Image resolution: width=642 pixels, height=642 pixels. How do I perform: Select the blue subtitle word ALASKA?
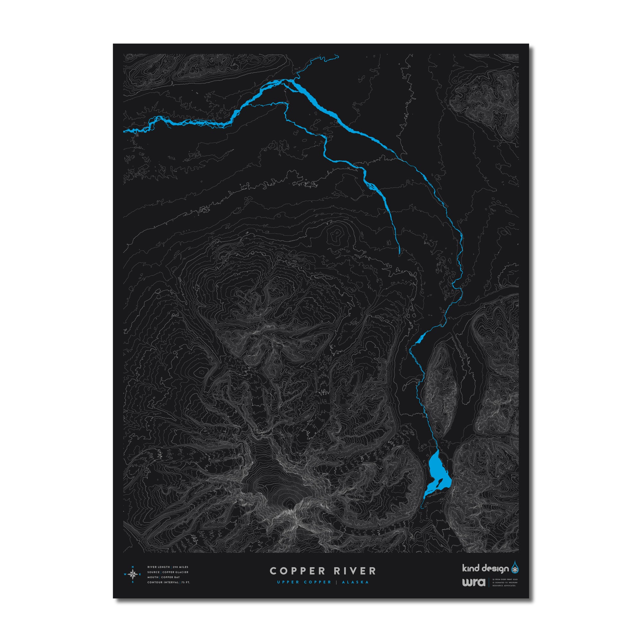point(356,582)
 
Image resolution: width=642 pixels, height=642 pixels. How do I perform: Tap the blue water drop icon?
point(515,567)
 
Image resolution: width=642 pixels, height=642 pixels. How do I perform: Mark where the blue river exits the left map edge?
point(124,132)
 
